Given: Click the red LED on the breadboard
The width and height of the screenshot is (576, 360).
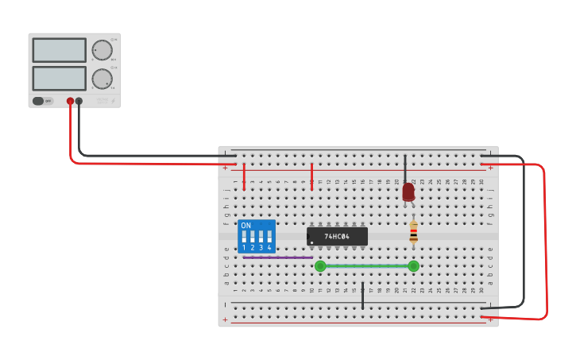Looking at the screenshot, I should tap(408, 192).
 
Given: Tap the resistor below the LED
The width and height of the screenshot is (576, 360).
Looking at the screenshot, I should tap(413, 231).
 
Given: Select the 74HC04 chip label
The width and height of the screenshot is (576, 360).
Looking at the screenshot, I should tap(337, 237).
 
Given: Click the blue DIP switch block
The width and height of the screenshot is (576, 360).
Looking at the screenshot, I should tap(257, 236).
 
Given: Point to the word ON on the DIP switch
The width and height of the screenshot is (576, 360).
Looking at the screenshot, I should tap(245, 226).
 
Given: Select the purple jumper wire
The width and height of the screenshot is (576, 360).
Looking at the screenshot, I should tap(277, 257).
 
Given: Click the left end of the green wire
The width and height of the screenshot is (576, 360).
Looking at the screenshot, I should tap(320, 266).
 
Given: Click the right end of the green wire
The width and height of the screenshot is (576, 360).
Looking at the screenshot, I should tap(413, 266).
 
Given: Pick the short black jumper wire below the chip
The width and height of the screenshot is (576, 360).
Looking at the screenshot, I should tap(362, 295).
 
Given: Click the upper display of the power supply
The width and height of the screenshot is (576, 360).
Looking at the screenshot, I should tap(59, 50).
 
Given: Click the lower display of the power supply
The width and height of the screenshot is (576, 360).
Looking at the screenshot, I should tap(59, 78).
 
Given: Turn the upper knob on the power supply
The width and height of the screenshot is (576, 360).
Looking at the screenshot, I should tap(102, 50).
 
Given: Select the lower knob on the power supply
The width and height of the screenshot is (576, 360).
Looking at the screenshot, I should tap(102, 79).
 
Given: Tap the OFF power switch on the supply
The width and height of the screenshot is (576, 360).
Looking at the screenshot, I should tap(39, 101).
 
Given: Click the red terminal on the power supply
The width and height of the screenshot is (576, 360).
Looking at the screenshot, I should tap(70, 101).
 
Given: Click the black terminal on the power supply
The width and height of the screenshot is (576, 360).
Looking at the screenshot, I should tap(79, 101).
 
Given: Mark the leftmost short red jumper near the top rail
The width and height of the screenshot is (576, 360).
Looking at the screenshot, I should tap(244, 176).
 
